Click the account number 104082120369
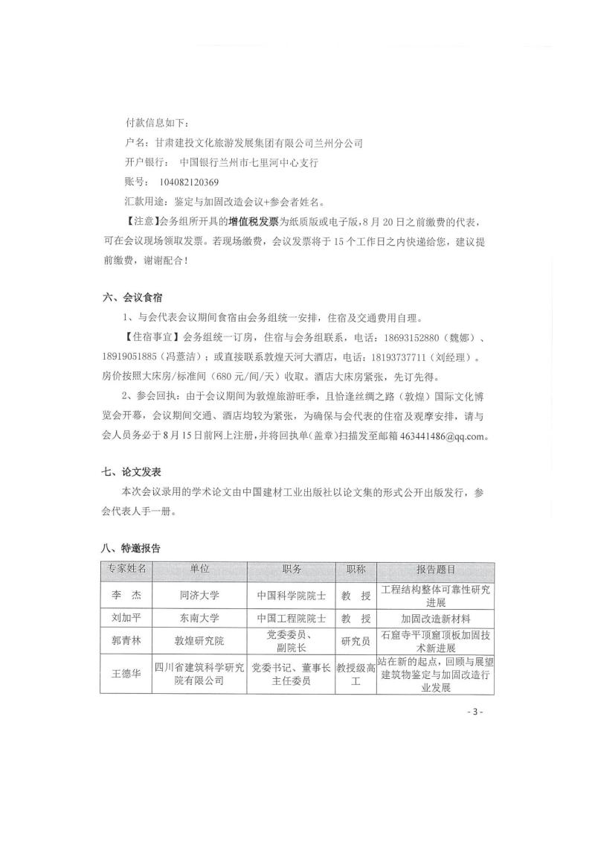(189, 182)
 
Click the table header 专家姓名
(126, 569)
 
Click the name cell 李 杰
(126, 596)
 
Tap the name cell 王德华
(126, 673)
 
